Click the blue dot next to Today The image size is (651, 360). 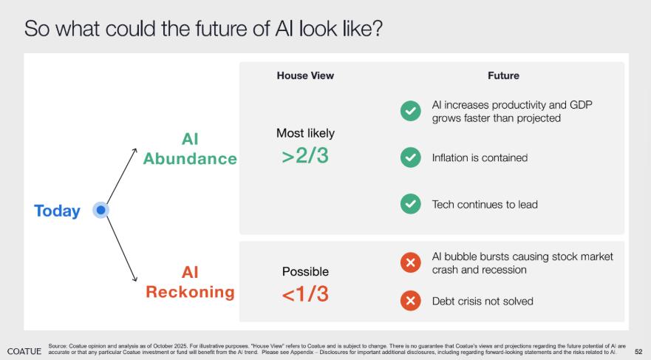click(101, 210)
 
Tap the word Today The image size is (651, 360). click(58, 211)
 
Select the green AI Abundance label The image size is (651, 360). click(190, 149)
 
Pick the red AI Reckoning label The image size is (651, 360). click(190, 282)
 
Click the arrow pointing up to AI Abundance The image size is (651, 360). click(122, 176)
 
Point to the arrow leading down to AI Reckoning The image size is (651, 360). click(122, 248)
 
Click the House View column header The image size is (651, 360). click(305, 75)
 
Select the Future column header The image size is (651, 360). click(503, 75)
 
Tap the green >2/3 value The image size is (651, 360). click(305, 156)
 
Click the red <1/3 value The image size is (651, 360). click(305, 294)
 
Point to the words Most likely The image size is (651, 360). click(305, 133)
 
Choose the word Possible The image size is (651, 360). click(305, 271)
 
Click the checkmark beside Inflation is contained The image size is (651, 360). click(411, 157)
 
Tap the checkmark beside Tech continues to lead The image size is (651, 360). click(411, 204)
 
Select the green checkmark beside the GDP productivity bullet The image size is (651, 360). click(411, 111)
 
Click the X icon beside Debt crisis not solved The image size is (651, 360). click(411, 301)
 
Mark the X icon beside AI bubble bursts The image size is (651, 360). click(411, 262)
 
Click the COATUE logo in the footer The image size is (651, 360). click(24, 351)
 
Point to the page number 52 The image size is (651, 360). click(638, 352)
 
